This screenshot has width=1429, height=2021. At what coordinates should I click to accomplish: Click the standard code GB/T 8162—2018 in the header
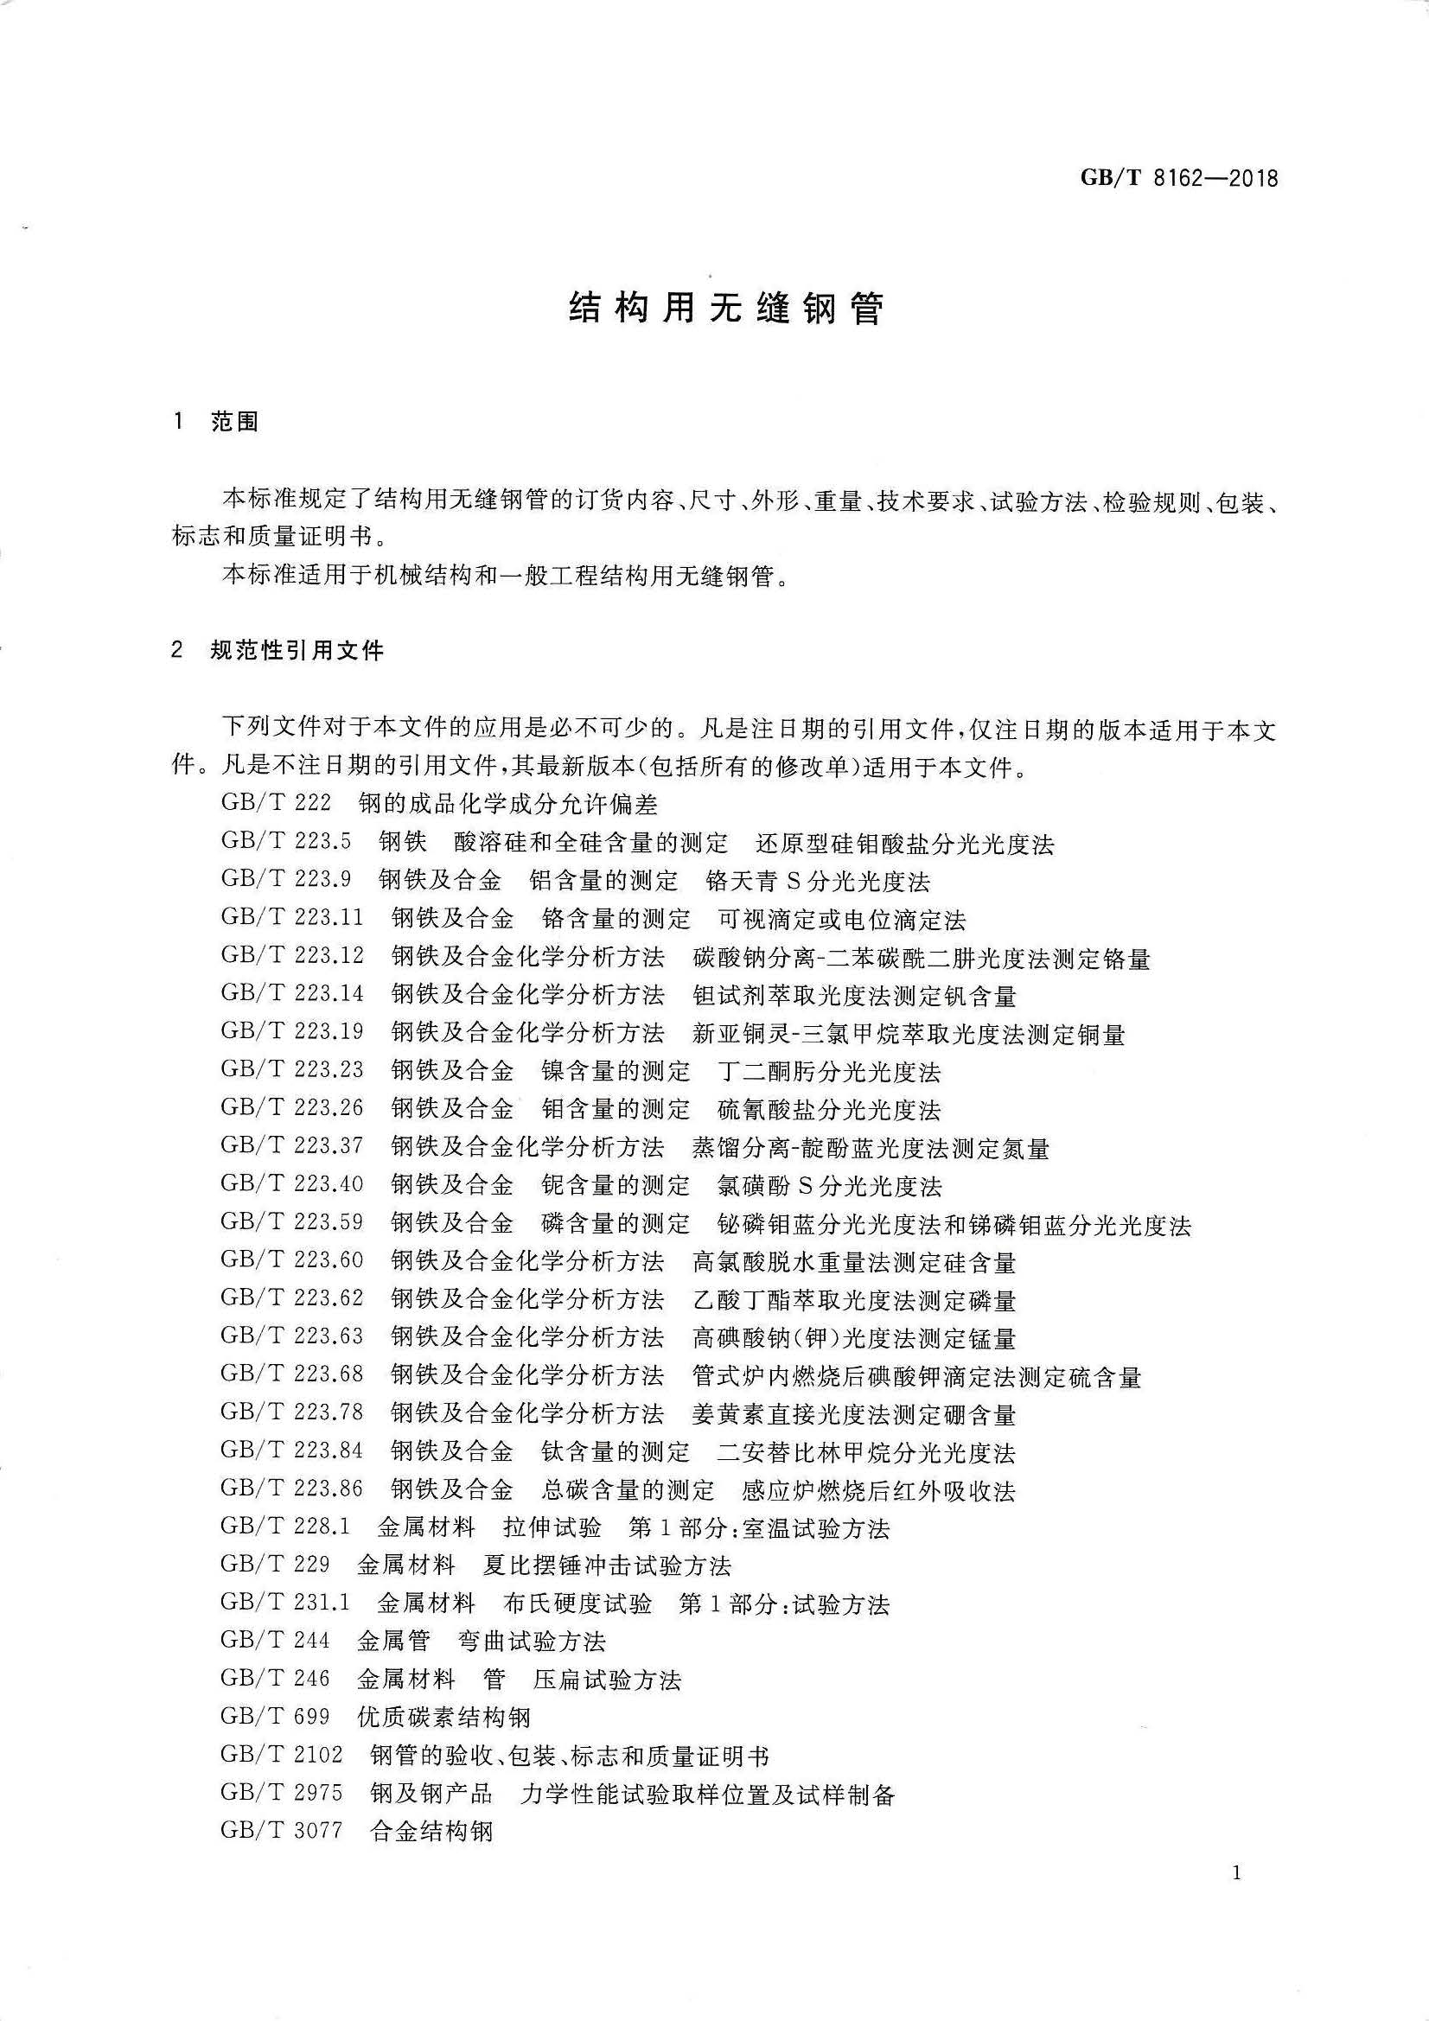coord(1179,179)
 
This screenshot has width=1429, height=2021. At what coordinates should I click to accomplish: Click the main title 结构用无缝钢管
coord(725,309)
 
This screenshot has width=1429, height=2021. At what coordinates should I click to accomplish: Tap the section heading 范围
coord(234,422)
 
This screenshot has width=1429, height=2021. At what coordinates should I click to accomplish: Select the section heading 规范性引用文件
coord(297,651)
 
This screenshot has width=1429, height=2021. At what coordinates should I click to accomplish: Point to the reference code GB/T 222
coord(276,804)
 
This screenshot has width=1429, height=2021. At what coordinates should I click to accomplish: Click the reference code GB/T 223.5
coord(285,841)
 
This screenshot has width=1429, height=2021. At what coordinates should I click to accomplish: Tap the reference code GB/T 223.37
coord(291,1146)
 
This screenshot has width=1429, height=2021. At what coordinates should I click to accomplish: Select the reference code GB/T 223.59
coord(291,1222)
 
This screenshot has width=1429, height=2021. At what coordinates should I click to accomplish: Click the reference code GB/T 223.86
coord(291,1489)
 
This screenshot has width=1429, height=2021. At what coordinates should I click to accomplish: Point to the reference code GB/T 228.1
coord(285,1527)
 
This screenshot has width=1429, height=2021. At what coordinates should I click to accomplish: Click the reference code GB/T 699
coord(276,1717)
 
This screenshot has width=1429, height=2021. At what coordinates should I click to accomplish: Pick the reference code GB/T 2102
coord(282,1755)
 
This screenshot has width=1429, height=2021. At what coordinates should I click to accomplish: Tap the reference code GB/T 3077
coord(282,1832)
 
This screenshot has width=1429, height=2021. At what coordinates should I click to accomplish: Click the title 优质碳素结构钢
coord(443,1718)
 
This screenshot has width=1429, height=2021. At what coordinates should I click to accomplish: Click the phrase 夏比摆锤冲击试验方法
coord(608,1566)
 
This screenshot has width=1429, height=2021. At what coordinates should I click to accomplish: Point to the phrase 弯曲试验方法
coord(532,1642)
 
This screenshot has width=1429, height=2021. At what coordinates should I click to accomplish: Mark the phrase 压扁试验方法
coord(608,1680)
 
